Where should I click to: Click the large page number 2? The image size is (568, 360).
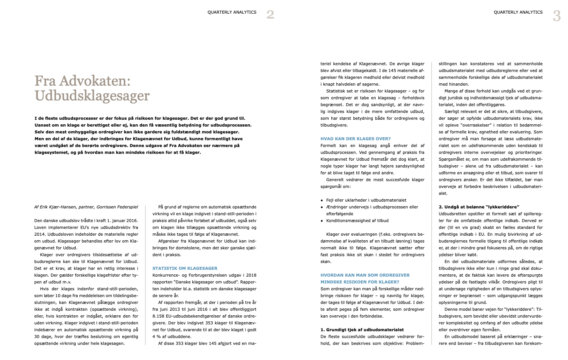270,15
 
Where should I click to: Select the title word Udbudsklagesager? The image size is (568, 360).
92,96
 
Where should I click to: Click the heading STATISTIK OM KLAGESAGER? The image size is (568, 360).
185,268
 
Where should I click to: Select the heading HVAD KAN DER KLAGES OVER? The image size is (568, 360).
356,139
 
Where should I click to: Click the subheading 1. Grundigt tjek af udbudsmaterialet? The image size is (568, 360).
362,330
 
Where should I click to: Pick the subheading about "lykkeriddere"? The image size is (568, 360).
479,207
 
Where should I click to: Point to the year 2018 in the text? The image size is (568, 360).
251,275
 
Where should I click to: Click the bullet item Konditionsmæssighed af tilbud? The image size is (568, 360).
357,221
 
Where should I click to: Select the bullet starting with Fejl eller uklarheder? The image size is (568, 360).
366,200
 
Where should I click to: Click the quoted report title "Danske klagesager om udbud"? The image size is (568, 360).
204,282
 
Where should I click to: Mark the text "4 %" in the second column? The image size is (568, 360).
157,337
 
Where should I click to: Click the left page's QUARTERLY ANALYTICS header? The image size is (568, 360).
232,12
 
